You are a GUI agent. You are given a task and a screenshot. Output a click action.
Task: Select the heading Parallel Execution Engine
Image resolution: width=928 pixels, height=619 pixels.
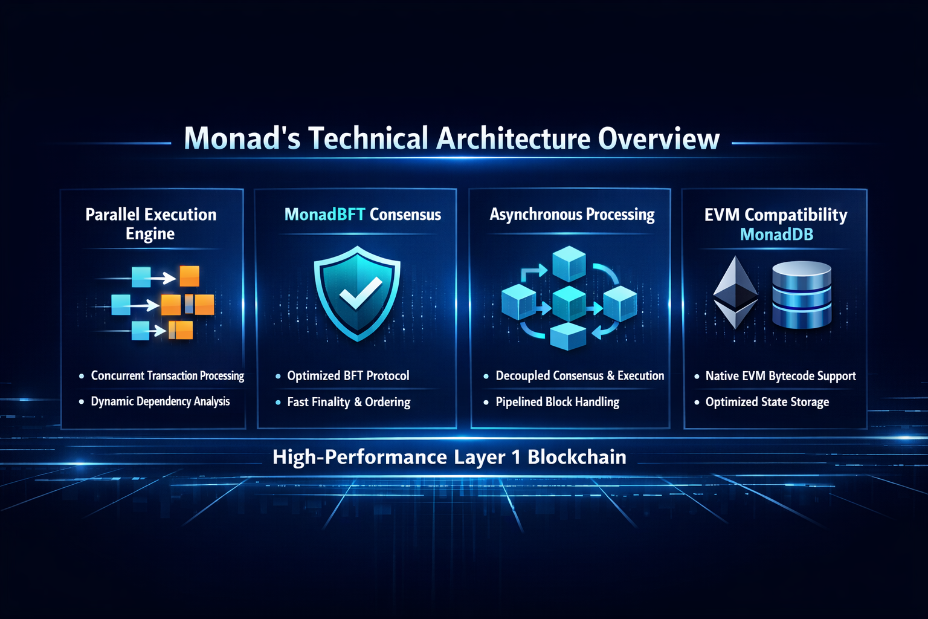[x=151, y=224]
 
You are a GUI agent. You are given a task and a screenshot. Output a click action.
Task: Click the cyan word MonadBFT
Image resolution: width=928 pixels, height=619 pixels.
[x=324, y=215]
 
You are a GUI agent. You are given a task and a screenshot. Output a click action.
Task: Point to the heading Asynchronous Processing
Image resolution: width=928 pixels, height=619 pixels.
[x=572, y=215]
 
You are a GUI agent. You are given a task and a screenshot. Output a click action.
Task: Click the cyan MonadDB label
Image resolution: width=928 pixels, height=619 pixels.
[x=776, y=235]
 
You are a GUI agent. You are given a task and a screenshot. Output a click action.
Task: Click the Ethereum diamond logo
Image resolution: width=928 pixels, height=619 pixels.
[x=735, y=293]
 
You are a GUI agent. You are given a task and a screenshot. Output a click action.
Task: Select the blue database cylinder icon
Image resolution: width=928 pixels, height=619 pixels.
[x=802, y=294]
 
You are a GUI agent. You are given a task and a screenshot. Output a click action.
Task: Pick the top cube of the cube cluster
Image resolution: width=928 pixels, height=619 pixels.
[x=569, y=263]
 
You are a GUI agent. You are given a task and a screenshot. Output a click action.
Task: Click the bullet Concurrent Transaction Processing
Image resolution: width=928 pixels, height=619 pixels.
[x=167, y=376]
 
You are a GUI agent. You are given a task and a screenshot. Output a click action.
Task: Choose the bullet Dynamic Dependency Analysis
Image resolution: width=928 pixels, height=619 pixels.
[x=160, y=401]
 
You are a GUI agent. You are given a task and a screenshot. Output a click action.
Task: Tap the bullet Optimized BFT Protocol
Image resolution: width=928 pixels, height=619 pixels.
[x=348, y=376]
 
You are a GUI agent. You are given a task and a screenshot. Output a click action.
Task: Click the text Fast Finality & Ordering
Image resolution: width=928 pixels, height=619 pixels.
[x=349, y=402]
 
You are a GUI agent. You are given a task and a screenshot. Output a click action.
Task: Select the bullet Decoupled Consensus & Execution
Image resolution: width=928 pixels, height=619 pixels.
[x=579, y=376]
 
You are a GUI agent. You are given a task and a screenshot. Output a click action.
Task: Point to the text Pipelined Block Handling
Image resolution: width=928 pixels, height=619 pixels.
[x=557, y=402]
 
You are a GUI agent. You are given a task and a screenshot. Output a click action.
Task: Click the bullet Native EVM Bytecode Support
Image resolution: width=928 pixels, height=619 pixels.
[x=780, y=376]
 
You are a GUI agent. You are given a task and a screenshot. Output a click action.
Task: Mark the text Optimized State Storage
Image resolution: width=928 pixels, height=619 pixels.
[x=767, y=402]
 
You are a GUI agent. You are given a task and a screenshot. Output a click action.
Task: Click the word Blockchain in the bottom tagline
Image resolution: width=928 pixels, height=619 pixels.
[x=576, y=457]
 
